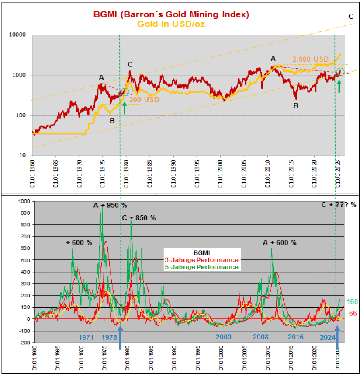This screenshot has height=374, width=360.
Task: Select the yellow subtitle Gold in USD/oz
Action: [172, 24]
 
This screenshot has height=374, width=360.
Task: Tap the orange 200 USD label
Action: [144, 100]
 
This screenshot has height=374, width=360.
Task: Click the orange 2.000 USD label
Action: [311, 59]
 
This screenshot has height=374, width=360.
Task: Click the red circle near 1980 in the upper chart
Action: [125, 92]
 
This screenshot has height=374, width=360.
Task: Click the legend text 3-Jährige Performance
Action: [201, 260]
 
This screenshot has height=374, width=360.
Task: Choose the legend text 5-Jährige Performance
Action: [201, 267]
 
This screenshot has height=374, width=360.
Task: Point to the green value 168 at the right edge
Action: [352, 301]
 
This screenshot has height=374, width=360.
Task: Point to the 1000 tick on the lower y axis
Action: [25, 202]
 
